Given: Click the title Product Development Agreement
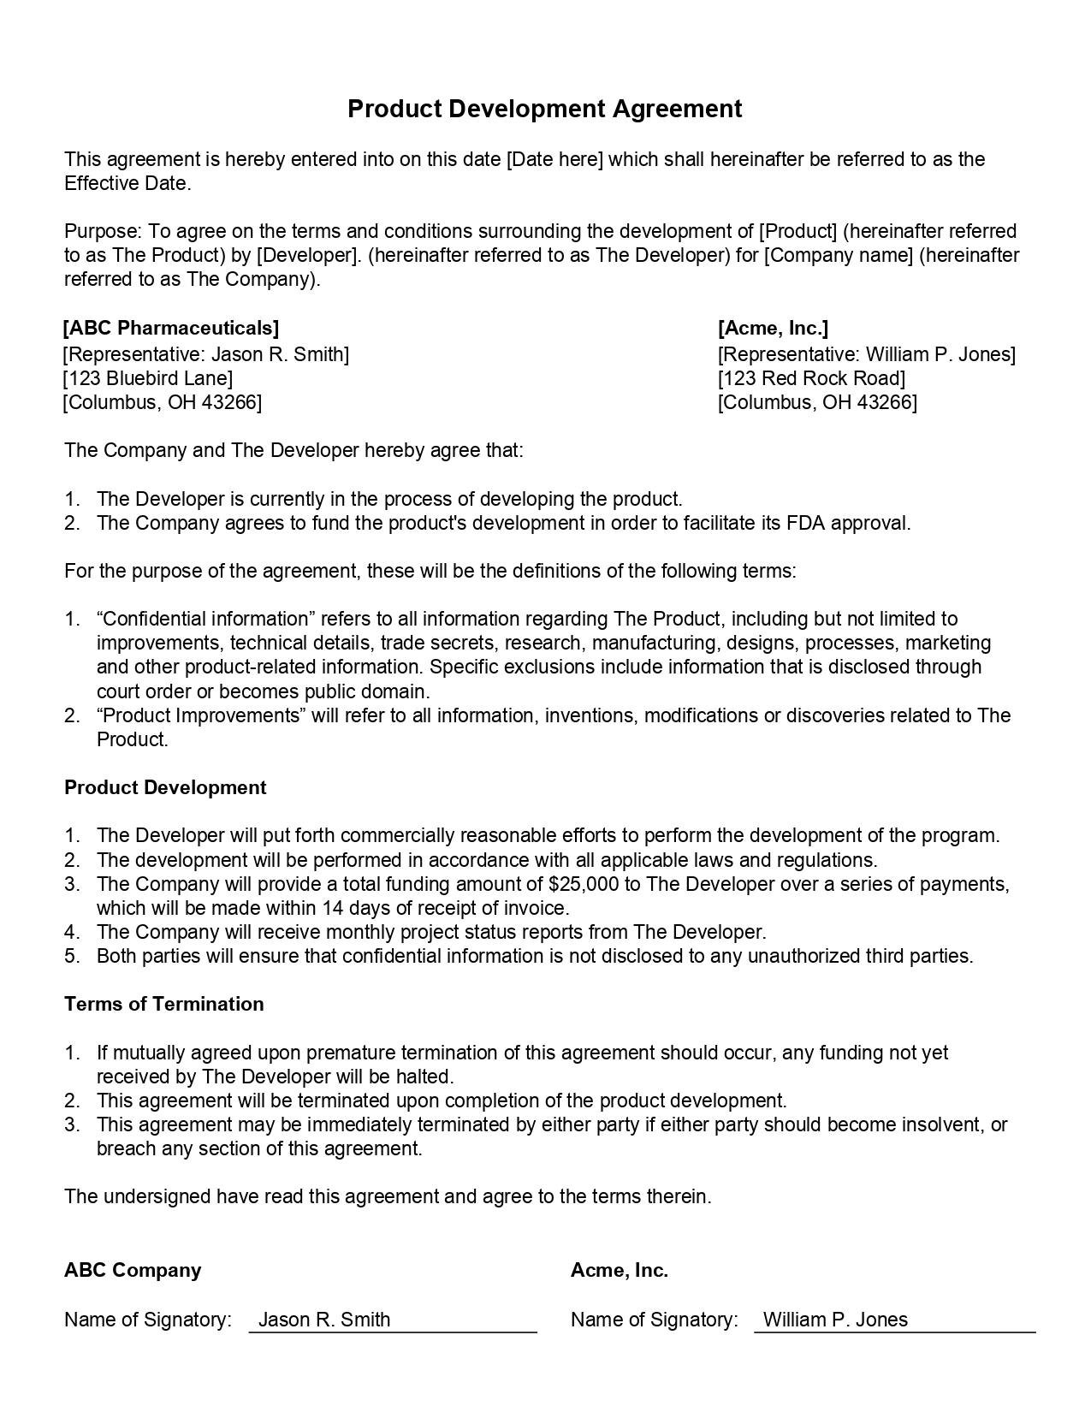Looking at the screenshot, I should [544, 109].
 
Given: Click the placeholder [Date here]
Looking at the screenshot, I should [554, 159].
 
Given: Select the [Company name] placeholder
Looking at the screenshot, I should [838, 255].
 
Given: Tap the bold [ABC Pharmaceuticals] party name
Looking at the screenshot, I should [171, 328].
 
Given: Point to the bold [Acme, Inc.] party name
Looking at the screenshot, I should [773, 328].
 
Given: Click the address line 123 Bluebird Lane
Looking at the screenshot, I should [147, 378].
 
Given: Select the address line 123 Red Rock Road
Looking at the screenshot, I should [811, 378].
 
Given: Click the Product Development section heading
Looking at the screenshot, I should [165, 787].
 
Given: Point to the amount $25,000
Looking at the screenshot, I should [584, 884].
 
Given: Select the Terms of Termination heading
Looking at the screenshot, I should [163, 1004].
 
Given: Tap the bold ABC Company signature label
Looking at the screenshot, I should [133, 1270].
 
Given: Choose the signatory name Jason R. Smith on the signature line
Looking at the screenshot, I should [324, 1320].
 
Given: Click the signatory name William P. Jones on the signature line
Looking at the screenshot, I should [835, 1320].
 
